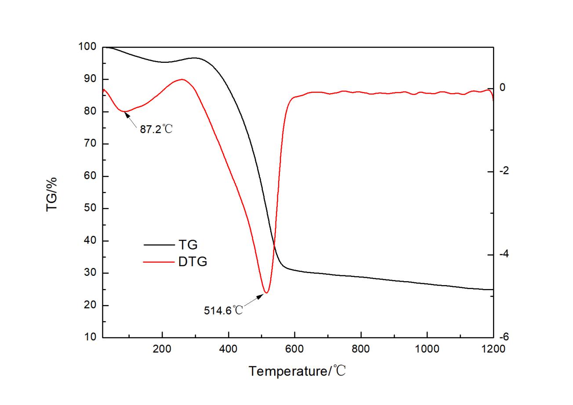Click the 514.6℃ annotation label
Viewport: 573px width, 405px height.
[223, 310]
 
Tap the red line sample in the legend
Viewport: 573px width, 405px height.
[159, 262]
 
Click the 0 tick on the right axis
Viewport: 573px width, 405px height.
[504, 88]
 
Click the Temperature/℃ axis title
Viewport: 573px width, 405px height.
[298, 371]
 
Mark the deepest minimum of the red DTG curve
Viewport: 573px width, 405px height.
[266, 293]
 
